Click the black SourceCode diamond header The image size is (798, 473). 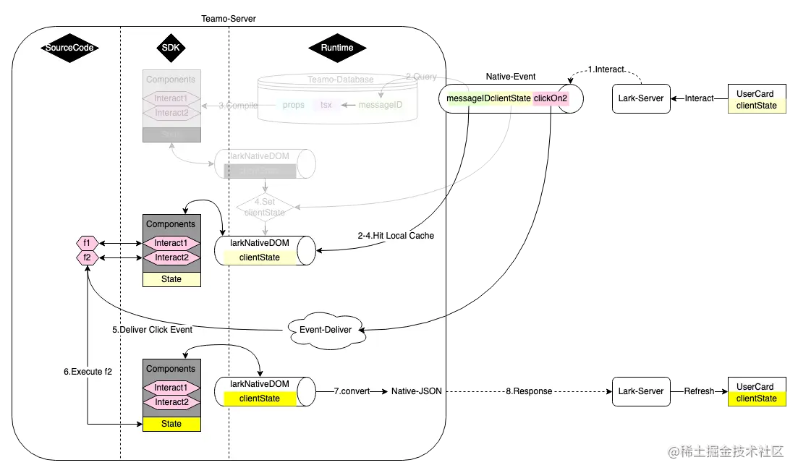pos(69,48)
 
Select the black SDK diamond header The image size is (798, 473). pos(171,48)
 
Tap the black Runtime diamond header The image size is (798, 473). pos(337,48)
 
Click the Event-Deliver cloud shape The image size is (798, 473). pos(326,329)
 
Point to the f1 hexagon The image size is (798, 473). pos(87,243)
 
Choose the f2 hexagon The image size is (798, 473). pos(87,257)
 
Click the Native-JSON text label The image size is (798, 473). pos(416,391)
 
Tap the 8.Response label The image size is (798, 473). pos(529,391)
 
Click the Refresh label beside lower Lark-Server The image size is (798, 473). pos(700,391)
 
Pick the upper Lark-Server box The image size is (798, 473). pos(640,98)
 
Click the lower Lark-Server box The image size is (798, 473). pos(640,391)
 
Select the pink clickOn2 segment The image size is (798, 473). pos(551,98)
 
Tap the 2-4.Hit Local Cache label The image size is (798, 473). pos(396,236)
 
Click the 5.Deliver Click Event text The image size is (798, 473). pos(152,330)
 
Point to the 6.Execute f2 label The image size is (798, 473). pos(88,371)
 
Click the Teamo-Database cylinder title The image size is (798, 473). pos(341,79)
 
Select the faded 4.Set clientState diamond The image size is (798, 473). pos(266,208)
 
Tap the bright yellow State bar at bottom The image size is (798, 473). pos(171,424)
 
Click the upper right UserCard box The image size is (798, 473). pos(756,99)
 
